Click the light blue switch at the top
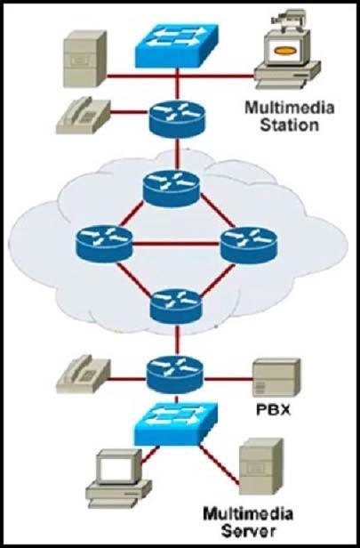177,45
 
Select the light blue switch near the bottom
176,423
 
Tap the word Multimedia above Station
290,108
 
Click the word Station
290,125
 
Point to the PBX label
274,409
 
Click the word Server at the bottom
248,531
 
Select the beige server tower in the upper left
84,59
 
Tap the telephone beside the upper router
83,116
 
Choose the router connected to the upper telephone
177,119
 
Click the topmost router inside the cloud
172,189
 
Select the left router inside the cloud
104,244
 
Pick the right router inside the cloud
249,245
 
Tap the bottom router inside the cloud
176,306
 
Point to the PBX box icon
276,377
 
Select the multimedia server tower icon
261,466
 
